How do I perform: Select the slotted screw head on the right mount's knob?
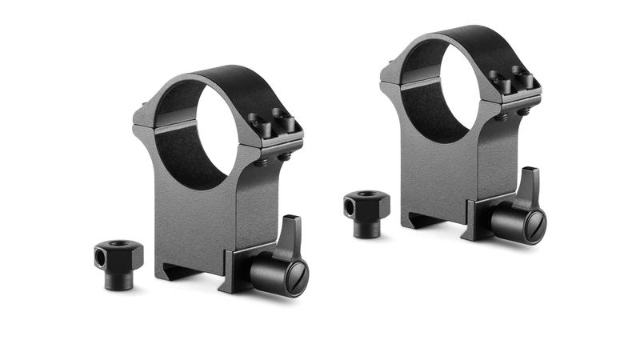pos(534,225)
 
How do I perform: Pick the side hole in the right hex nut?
pos(350,206)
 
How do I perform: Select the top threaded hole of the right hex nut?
pos(369,194)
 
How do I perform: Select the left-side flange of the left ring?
pos(142,125)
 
